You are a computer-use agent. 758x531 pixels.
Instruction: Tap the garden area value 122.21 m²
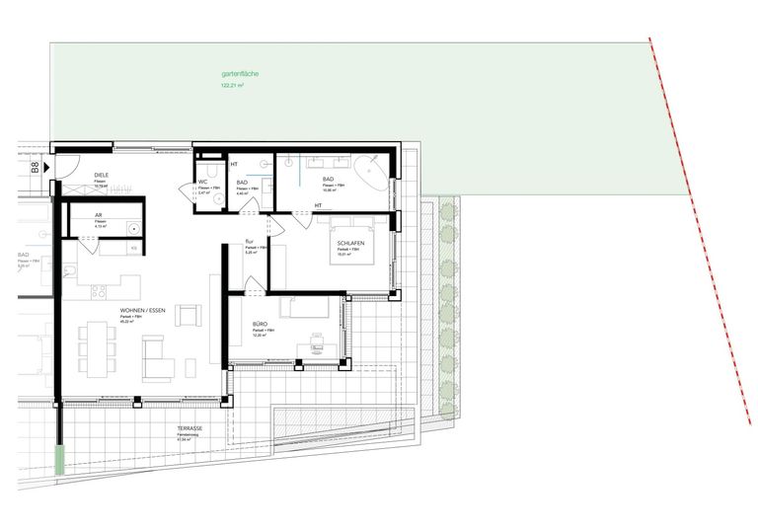click(x=233, y=86)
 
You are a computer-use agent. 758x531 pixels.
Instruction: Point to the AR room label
click(x=99, y=215)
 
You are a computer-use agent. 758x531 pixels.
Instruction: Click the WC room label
click(x=201, y=182)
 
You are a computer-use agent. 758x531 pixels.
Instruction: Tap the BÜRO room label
click(x=261, y=324)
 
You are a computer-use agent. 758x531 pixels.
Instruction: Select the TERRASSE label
click(x=191, y=428)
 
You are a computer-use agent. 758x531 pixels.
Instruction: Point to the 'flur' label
click(x=250, y=245)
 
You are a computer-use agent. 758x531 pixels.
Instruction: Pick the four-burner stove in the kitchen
click(x=98, y=291)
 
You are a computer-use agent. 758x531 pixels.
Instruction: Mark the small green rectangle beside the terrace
click(x=60, y=459)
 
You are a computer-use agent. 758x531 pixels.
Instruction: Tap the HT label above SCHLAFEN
click(x=319, y=205)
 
